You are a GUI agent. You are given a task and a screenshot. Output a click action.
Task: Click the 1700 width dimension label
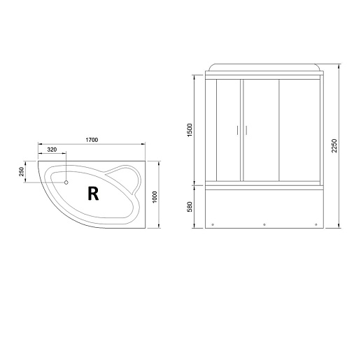click(x=92, y=140)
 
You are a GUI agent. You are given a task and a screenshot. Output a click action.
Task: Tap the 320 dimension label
click(x=52, y=150)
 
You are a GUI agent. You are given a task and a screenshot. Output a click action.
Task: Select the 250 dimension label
click(x=22, y=171)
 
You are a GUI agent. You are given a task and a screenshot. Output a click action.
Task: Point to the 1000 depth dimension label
click(x=155, y=197)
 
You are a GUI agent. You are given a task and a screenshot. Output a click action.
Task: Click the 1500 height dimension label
click(x=190, y=130)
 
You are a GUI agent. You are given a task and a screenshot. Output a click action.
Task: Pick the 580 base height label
click(x=190, y=207)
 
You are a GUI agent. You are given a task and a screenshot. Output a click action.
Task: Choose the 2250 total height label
click(x=334, y=145)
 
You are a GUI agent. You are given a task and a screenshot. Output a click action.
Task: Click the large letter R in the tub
click(x=93, y=194)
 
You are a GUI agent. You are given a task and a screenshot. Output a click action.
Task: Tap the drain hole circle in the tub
click(x=66, y=182)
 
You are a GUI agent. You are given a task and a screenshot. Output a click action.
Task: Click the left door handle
click(x=238, y=130)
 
